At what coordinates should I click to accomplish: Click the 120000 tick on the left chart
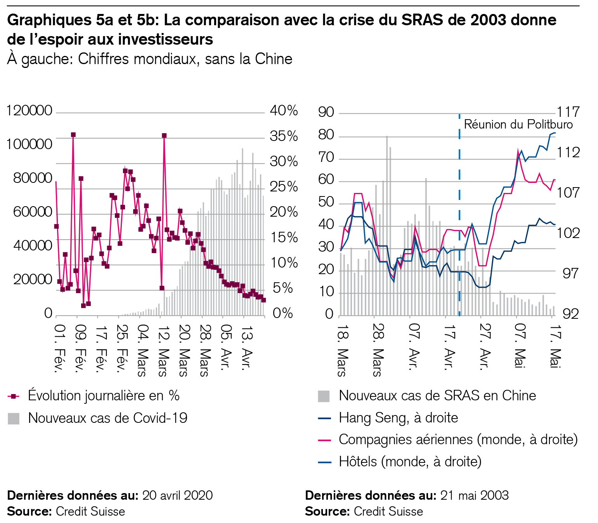pyautogui.click(x=29, y=111)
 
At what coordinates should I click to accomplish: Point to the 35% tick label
pyautogui.click(x=284, y=136)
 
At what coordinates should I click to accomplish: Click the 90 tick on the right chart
pyautogui.click(x=326, y=112)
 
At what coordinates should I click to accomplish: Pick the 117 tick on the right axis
pyautogui.click(x=568, y=112)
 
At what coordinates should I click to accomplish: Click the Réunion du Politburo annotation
pyautogui.click(x=518, y=124)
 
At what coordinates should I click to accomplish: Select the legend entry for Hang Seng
pyautogui.click(x=398, y=418)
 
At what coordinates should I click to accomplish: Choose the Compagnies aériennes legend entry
pyautogui.click(x=458, y=440)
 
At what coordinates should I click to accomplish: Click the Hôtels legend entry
pyautogui.click(x=410, y=462)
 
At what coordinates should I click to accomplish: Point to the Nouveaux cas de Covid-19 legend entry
pyautogui.click(x=107, y=418)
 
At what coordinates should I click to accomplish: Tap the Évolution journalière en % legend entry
pyautogui.click(x=104, y=396)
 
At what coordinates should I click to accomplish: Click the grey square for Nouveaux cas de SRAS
pyautogui.click(x=324, y=396)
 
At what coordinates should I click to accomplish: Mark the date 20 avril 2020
pyautogui.click(x=177, y=495)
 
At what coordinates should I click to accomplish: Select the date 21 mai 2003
pyautogui.click(x=474, y=495)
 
